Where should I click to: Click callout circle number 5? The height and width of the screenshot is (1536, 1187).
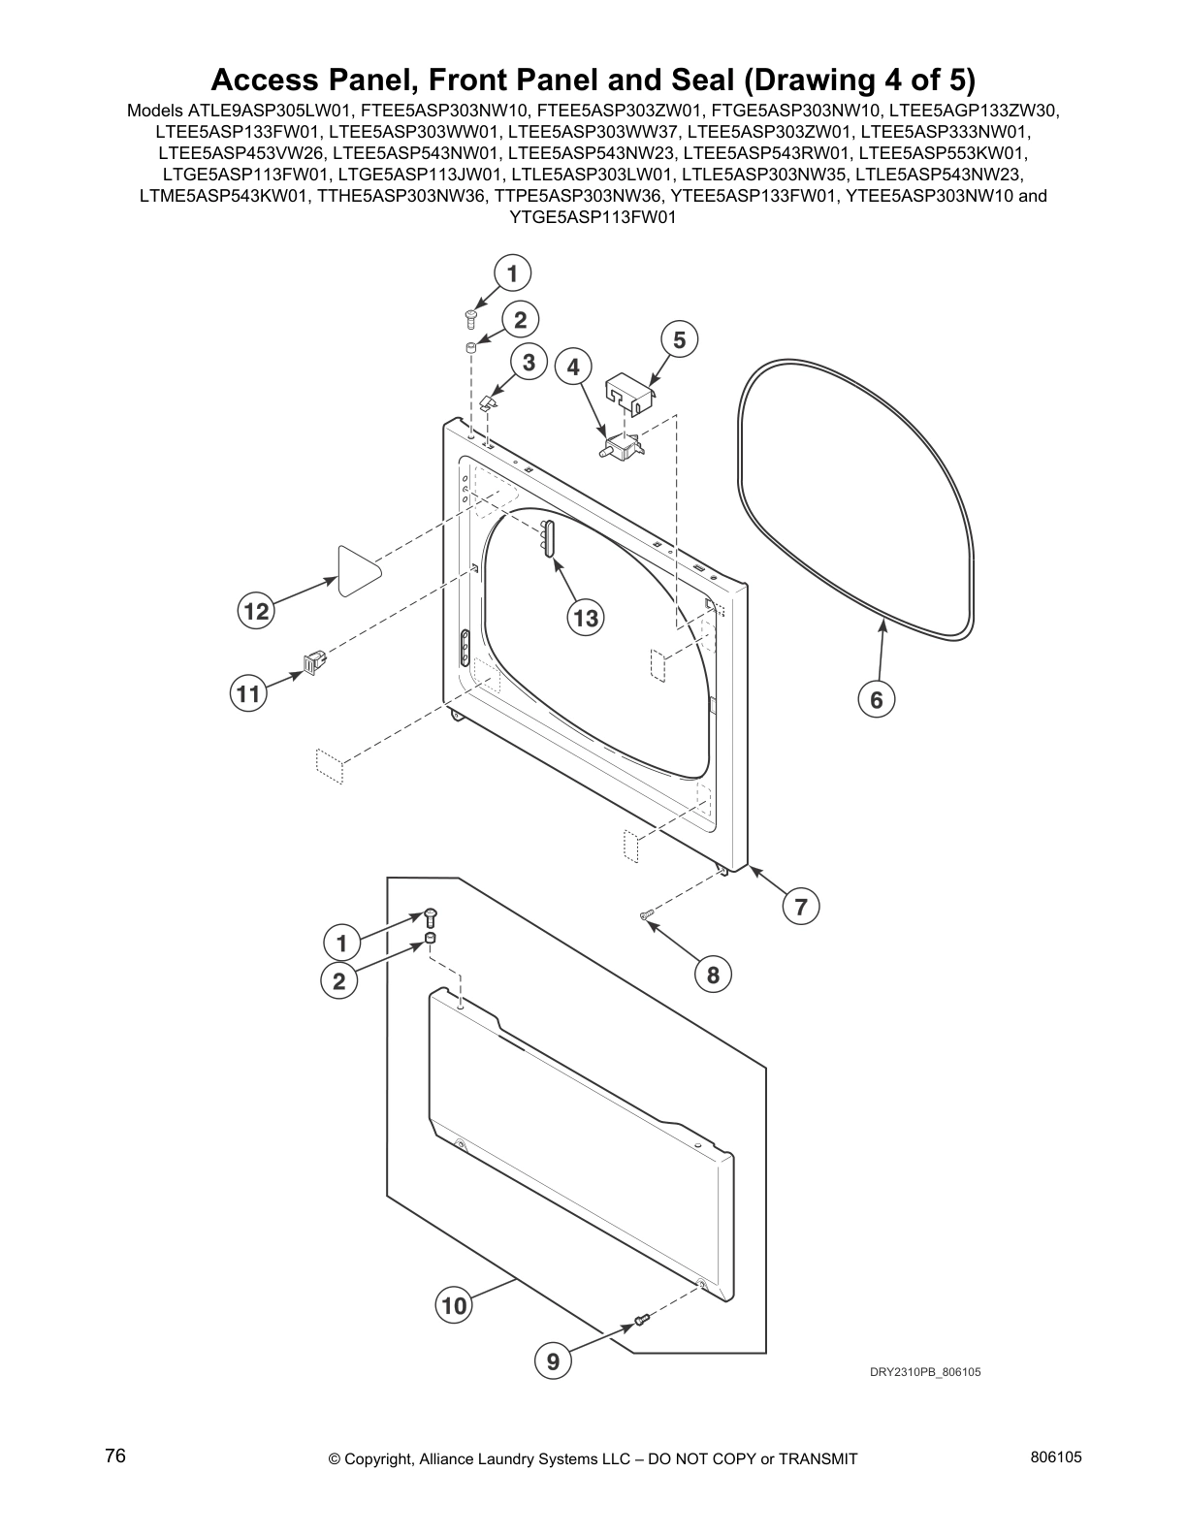(x=679, y=339)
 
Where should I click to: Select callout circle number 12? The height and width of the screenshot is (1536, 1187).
(x=256, y=611)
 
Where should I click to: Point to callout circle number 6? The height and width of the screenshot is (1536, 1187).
(x=876, y=699)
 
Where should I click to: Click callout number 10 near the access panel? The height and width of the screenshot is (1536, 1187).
(x=454, y=1305)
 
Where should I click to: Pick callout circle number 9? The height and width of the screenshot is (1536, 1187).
(x=553, y=1361)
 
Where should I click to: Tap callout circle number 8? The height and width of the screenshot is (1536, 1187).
(x=713, y=975)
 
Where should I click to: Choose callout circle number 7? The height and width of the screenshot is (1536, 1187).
(x=801, y=907)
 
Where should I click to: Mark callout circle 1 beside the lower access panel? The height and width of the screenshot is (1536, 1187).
(x=341, y=942)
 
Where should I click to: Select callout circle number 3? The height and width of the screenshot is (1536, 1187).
(x=529, y=363)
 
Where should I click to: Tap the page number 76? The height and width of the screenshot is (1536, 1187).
(x=115, y=1456)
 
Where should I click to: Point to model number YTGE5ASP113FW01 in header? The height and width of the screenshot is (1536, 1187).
(x=592, y=217)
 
